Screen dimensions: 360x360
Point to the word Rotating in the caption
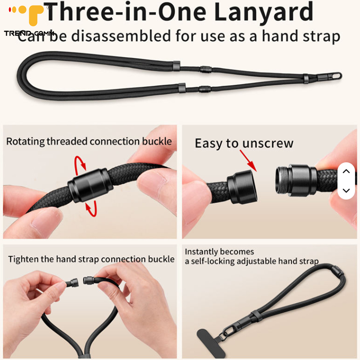[x=25, y=141]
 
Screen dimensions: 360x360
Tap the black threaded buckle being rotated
[x=90, y=185]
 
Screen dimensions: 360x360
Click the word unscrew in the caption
[x=268, y=144]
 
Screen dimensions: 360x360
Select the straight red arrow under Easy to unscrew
[x=248, y=161]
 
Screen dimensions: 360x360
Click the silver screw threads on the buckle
[x=281, y=180]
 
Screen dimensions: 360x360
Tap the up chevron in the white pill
[x=346, y=171]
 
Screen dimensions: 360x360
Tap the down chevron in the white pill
[x=346, y=190]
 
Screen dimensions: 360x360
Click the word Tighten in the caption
[x=23, y=260]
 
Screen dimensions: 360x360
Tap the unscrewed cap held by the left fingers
[x=242, y=187]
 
